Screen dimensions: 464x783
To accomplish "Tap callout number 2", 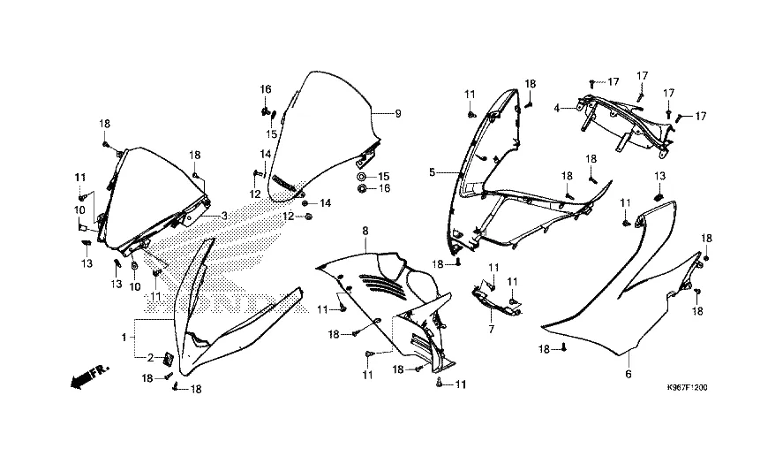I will [150, 357].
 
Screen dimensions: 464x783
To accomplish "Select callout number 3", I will [224, 215].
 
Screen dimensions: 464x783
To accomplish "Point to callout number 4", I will [557, 109].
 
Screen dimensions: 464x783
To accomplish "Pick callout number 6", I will [628, 376].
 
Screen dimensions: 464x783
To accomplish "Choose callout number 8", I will [363, 232].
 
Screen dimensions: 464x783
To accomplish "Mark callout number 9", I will [397, 114].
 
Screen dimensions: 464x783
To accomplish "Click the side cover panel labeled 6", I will [618, 283].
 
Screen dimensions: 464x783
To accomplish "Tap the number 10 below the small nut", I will [135, 286].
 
